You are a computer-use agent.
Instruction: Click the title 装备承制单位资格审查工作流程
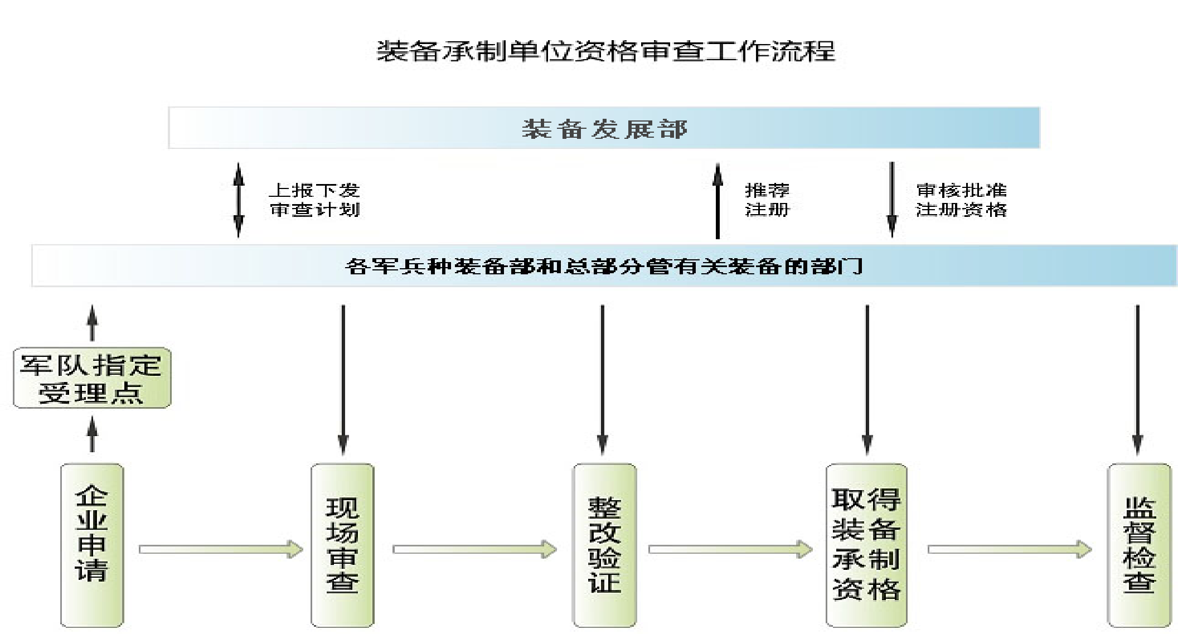(x=605, y=51)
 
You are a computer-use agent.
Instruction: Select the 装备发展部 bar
(x=604, y=128)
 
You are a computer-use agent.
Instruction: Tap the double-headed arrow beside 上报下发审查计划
(x=239, y=200)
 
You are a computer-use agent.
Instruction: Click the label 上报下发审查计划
(x=314, y=200)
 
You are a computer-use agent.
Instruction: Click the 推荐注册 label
(x=767, y=200)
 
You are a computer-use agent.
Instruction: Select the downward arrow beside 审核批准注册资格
(x=891, y=200)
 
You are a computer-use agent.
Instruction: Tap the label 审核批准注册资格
(x=961, y=200)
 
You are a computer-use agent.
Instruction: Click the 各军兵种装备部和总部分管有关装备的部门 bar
(x=604, y=266)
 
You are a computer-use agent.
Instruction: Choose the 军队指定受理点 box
(x=92, y=379)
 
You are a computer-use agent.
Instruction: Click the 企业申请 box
(x=92, y=545)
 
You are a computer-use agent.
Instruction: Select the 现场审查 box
(x=342, y=545)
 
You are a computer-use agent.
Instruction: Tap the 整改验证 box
(x=604, y=545)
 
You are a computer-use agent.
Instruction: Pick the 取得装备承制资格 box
(x=866, y=545)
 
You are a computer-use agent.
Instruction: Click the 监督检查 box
(x=1138, y=545)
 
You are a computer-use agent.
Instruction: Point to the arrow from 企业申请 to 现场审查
(x=220, y=549)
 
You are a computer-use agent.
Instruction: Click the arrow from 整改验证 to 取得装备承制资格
(x=730, y=549)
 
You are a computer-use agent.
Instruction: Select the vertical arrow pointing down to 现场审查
(x=343, y=379)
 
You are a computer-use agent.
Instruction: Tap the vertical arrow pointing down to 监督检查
(x=1137, y=379)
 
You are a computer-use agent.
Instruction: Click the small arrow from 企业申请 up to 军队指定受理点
(x=93, y=436)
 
